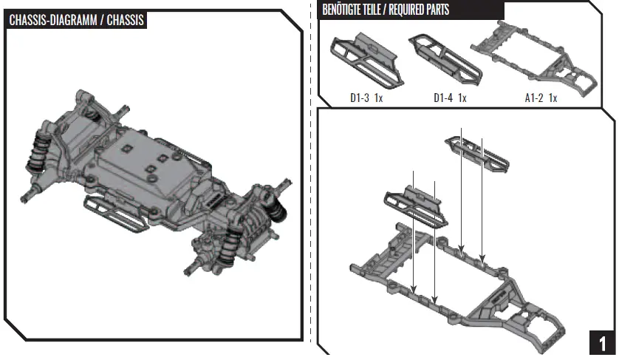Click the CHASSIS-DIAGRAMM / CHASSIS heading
pos(75,19)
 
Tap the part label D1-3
pos(360,98)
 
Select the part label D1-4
pos(442,98)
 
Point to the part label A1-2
pos(533,98)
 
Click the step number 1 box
pos(602,344)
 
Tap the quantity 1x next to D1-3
pos(378,98)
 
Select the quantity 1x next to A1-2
pos(552,98)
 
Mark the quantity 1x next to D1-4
pos(462,98)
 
